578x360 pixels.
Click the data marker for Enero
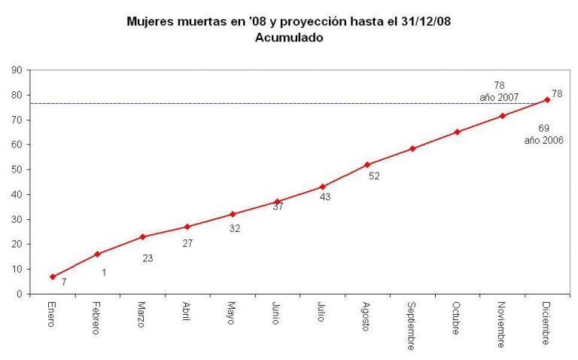pyautogui.click(x=53, y=276)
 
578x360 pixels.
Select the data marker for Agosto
pyautogui.click(x=367, y=164)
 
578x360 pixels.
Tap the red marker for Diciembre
pyautogui.click(x=547, y=99)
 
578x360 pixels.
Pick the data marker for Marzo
pyautogui.click(x=142, y=236)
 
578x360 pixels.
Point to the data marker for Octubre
pyautogui.click(x=457, y=132)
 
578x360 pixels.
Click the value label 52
pyautogui.click(x=374, y=175)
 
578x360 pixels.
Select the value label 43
pyautogui.click(x=325, y=197)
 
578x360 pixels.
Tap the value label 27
pyautogui.click(x=188, y=243)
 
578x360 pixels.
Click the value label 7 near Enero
pyautogui.click(x=64, y=282)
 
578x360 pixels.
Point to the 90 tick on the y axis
pyautogui.click(x=15, y=70)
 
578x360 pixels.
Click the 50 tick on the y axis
pyautogui.click(x=15, y=169)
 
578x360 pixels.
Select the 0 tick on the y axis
pyautogui.click(x=17, y=294)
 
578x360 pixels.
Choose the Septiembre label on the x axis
pyautogui.click(x=412, y=326)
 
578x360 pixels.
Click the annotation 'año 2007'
pyautogui.click(x=500, y=98)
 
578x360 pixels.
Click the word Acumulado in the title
pyautogui.click(x=290, y=37)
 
